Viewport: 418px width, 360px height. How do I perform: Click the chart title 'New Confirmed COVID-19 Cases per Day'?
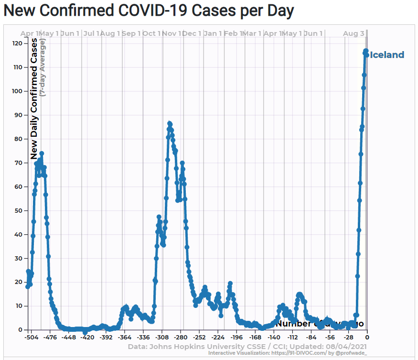point(149,11)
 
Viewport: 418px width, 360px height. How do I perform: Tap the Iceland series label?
point(386,55)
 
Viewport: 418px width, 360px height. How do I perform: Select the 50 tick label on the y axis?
point(19,210)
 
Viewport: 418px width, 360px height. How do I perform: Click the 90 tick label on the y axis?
point(19,115)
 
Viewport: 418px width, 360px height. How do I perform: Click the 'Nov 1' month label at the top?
point(172,33)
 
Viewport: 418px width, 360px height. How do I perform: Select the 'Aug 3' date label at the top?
point(354,33)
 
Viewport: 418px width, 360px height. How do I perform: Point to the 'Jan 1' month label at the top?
point(213,33)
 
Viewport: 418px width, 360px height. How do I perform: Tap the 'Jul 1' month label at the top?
point(91,33)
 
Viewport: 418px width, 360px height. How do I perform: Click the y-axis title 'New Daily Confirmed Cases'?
point(34,99)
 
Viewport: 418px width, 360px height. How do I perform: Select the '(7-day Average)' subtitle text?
point(43,68)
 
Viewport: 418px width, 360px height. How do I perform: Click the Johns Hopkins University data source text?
point(247,346)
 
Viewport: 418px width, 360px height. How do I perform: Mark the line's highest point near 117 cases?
point(366,51)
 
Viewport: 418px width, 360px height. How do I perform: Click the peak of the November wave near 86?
point(170,124)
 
